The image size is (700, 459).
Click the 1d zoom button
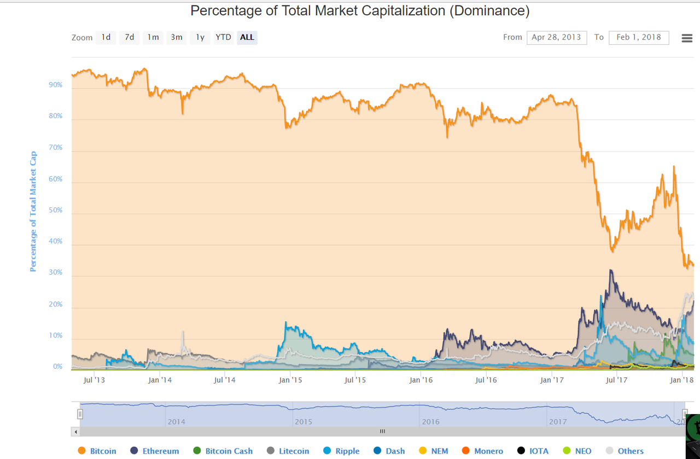point(106,38)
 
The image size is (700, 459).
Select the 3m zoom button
point(177,38)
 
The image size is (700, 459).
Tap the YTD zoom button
point(224,38)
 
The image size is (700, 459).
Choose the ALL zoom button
point(247,38)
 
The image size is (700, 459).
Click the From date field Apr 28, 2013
point(557,38)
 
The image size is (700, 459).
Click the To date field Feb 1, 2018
point(639,38)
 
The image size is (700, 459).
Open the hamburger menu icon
point(687,38)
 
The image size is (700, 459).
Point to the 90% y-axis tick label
point(56,85)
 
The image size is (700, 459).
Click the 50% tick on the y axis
point(56,210)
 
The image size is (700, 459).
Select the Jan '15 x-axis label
point(290,380)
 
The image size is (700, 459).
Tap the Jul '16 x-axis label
point(486,380)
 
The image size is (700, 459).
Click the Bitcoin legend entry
point(97,451)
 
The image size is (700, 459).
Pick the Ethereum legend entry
point(155,451)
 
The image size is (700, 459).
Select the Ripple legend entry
point(341,451)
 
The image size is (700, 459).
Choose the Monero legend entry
point(482,451)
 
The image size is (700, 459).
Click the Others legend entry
point(625,451)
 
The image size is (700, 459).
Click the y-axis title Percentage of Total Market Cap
point(33,212)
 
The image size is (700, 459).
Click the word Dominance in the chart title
point(489,11)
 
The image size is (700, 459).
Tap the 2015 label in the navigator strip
point(304,422)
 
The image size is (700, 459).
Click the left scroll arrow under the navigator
point(75,432)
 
